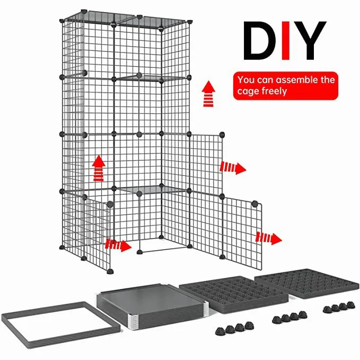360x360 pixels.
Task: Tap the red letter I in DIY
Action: click(286, 41)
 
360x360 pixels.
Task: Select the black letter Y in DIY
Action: click(310, 41)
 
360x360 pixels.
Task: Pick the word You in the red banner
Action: click(246, 80)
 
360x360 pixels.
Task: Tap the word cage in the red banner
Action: click(249, 92)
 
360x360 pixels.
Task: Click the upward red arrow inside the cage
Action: click(99, 168)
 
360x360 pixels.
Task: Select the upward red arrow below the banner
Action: click(208, 94)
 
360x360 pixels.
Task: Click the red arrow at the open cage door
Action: click(118, 245)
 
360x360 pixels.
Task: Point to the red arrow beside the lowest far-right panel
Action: click(269, 238)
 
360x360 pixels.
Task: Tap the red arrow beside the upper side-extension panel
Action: click(233, 168)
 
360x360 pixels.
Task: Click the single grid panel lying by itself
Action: click(307, 283)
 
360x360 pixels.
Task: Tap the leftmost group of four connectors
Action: click(235, 328)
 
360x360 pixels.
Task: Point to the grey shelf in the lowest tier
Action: click(151, 190)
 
